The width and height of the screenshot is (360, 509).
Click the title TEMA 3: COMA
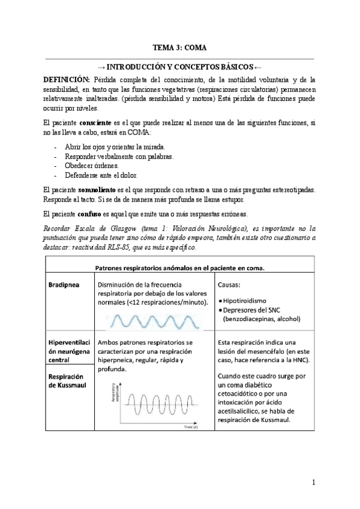(180, 48)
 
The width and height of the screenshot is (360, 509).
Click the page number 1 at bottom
(313, 482)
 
